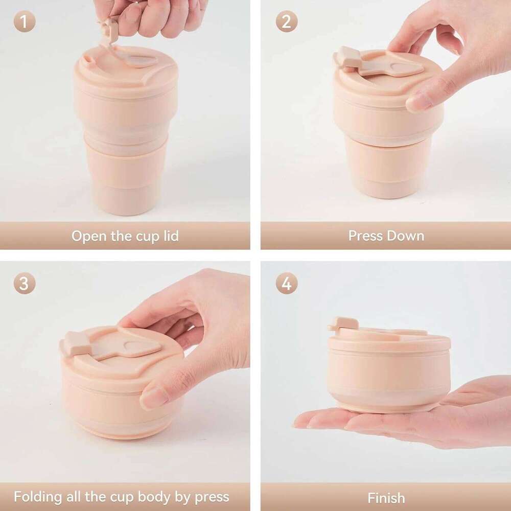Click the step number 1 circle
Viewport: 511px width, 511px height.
point(24,22)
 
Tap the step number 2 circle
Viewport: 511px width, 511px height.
point(287,22)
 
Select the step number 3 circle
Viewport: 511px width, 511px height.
point(24,283)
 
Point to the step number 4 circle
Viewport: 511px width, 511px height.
point(287,283)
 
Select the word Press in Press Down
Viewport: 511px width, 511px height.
point(365,236)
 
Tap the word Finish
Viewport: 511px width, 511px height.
point(386,498)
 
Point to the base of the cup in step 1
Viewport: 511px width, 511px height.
point(125,202)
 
